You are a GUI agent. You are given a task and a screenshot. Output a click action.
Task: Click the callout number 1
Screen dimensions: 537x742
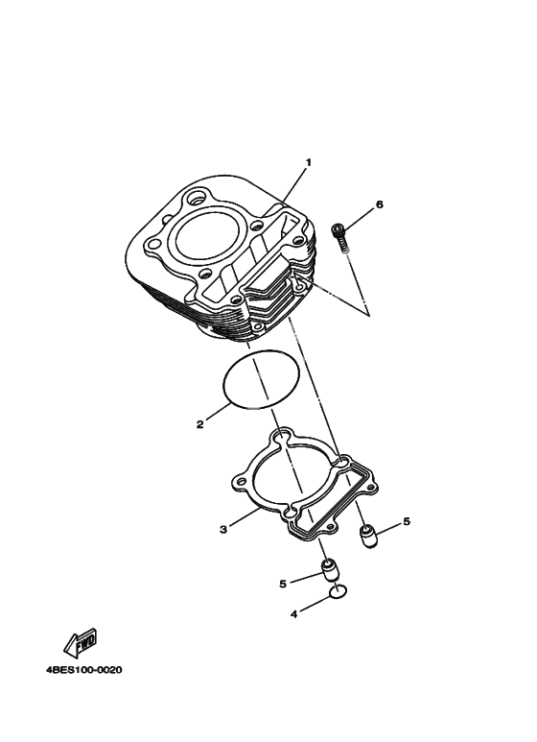[x=309, y=162]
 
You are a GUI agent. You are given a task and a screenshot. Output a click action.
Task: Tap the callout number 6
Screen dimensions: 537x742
[x=379, y=204]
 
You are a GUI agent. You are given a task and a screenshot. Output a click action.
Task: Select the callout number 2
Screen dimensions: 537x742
[x=200, y=424]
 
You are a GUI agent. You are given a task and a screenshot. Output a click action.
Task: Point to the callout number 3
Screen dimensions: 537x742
[x=223, y=529]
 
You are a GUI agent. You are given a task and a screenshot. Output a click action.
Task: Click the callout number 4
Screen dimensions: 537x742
[x=294, y=614]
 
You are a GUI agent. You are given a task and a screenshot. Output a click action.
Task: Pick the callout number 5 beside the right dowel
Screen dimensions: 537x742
[x=407, y=521]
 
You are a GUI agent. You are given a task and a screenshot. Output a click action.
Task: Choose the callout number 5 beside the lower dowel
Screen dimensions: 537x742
[x=283, y=584]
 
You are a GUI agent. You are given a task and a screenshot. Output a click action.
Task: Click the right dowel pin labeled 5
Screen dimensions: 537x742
[x=369, y=537]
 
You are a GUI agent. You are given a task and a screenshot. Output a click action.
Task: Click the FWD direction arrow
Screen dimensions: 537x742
[x=81, y=642]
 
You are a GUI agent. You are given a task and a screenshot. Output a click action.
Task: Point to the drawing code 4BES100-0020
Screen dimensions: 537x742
[x=83, y=670]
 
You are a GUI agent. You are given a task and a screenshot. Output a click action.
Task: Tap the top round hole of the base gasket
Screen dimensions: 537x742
[x=281, y=434]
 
